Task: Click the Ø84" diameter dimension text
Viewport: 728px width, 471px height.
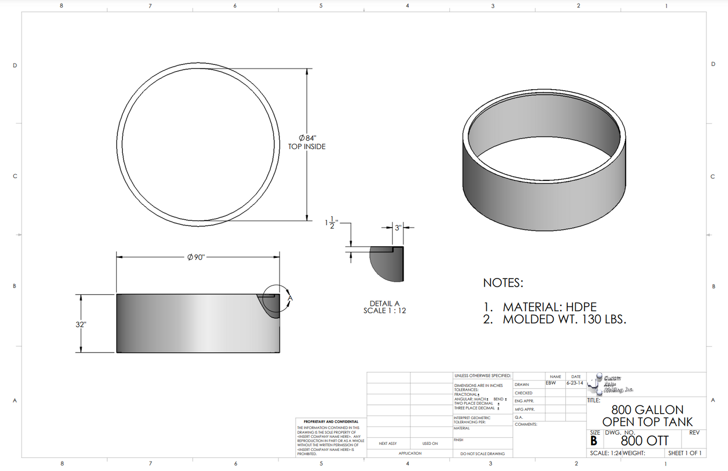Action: [x=307, y=138]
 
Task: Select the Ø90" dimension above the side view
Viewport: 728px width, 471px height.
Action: [x=196, y=257]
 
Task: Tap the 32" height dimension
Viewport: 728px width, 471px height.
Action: [x=81, y=324]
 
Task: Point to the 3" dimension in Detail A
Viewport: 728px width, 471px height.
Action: [x=398, y=228]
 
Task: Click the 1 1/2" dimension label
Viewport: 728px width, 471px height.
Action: [x=331, y=222]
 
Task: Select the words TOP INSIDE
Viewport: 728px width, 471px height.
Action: [x=307, y=147]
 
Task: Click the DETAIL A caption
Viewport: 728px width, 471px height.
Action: [x=384, y=303]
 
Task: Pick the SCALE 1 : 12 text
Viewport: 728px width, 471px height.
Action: [x=384, y=311]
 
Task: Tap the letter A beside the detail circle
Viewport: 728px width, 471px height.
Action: [x=290, y=298]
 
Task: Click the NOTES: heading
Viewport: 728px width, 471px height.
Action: [x=503, y=283]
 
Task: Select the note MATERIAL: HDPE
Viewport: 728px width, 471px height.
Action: [x=549, y=307]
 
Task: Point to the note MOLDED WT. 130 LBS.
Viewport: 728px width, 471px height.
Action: [x=564, y=319]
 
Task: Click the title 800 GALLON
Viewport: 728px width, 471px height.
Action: [x=647, y=410]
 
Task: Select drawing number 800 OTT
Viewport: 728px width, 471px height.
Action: [x=644, y=441]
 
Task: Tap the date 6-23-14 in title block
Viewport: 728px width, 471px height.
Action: [x=575, y=383]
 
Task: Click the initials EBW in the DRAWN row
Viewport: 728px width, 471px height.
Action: [x=551, y=383]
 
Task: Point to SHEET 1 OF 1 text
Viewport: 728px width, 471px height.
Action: [x=685, y=453]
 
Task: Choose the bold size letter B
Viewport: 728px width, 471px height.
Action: [x=594, y=441]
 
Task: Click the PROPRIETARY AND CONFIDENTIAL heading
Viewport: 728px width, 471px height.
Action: [x=331, y=422]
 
